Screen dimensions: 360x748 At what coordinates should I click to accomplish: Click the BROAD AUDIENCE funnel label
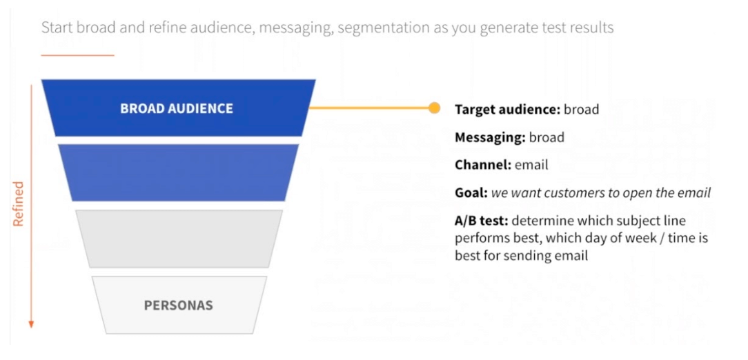click(x=177, y=108)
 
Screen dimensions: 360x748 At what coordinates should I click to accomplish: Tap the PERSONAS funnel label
click(x=178, y=305)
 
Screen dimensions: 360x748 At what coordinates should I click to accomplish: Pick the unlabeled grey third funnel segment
click(x=178, y=239)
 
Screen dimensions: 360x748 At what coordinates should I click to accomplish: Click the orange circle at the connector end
click(x=434, y=108)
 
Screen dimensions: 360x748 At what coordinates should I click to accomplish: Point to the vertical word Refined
click(x=19, y=203)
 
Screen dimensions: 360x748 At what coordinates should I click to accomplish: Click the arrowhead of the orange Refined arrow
click(x=31, y=323)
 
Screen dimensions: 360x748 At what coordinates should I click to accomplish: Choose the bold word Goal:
click(x=471, y=192)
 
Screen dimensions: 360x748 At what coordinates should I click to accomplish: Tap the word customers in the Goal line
click(x=571, y=192)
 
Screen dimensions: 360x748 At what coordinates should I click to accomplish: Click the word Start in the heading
click(x=57, y=28)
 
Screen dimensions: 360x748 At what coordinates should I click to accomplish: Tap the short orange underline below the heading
click(x=77, y=54)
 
